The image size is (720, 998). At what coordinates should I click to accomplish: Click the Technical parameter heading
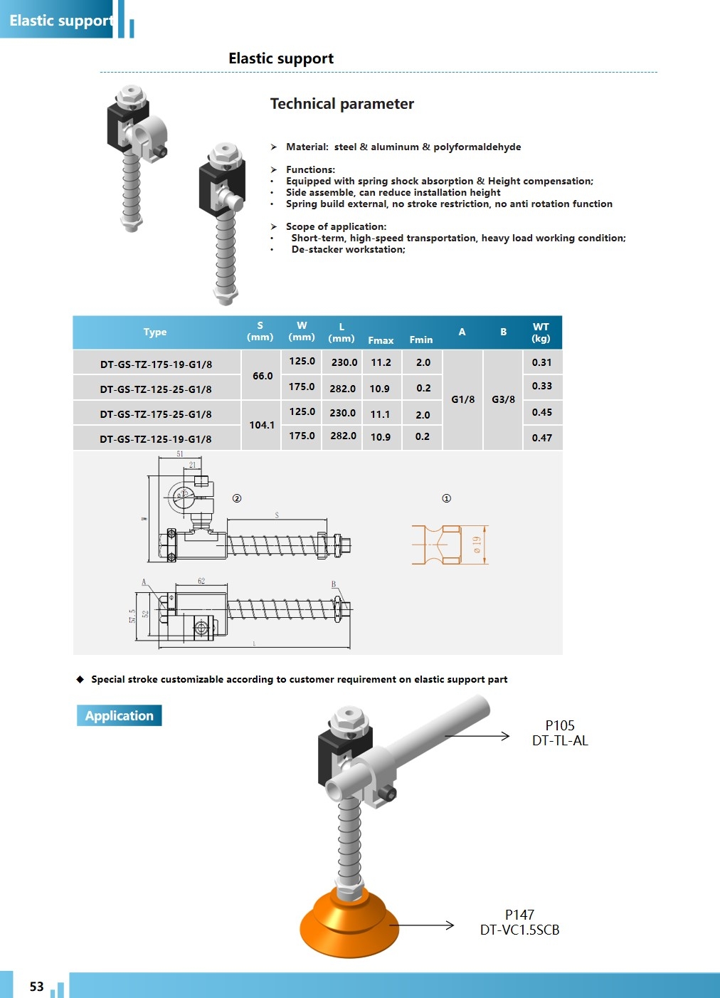[x=342, y=104]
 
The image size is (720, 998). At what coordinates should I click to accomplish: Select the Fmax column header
[x=381, y=340]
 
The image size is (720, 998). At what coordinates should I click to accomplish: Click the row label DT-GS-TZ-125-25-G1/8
[x=156, y=389]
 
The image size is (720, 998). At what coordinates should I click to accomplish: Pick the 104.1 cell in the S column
[x=262, y=425]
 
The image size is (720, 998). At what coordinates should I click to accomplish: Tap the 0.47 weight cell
[x=541, y=438]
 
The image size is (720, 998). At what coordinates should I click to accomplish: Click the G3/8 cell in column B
[x=503, y=399]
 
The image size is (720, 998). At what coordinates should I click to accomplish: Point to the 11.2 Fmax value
[x=381, y=362]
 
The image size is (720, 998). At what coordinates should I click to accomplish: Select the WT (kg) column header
[x=541, y=332]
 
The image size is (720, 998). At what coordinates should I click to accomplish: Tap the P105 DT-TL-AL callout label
[x=560, y=733]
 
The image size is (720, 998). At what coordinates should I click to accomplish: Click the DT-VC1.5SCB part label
[x=519, y=930]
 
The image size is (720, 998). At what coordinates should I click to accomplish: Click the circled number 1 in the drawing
[x=447, y=498]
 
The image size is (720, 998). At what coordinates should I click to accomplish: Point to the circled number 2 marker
[x=237, y=498]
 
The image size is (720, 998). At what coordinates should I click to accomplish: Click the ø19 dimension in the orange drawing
[x=477, y=545]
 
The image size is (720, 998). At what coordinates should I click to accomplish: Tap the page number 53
[x=37, y=987]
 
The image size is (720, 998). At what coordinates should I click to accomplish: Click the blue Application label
[x=120, y=715]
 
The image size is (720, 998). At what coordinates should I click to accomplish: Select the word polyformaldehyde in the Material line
[x=477, y=147]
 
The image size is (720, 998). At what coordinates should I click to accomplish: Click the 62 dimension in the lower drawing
[x=201, y=581]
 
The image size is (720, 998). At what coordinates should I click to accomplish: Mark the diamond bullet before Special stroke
[x=80, y=679]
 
